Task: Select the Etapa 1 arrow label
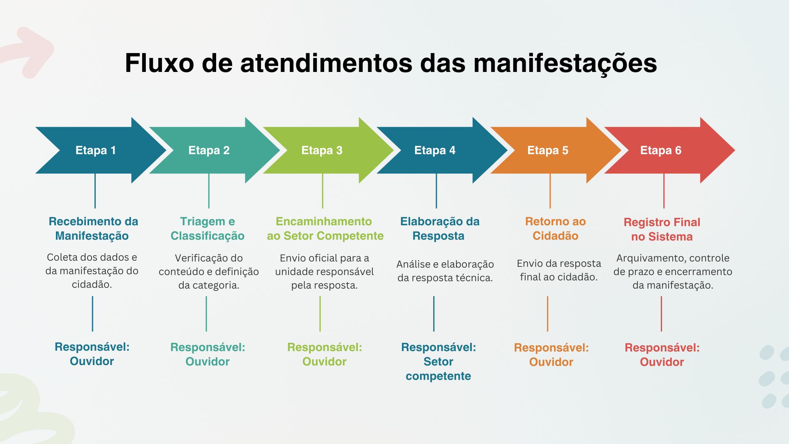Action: pos(96,150)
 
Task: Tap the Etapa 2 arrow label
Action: pos(209,150)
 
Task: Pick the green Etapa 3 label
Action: pos(322,150)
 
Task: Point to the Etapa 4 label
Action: pos(435,150)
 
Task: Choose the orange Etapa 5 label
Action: pos(548,150)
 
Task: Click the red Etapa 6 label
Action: pos(661,150)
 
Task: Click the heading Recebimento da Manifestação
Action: pos(93,229)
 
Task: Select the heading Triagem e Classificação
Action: pos(208,229)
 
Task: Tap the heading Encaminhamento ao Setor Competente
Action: pos(325,229)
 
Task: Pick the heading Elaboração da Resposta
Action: pos(440,229)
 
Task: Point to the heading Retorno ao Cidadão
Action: pos(556,229)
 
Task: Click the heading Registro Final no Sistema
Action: pos(662,229)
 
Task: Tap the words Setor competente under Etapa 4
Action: pos(438,369)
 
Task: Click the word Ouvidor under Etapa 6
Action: pos(662,362)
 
